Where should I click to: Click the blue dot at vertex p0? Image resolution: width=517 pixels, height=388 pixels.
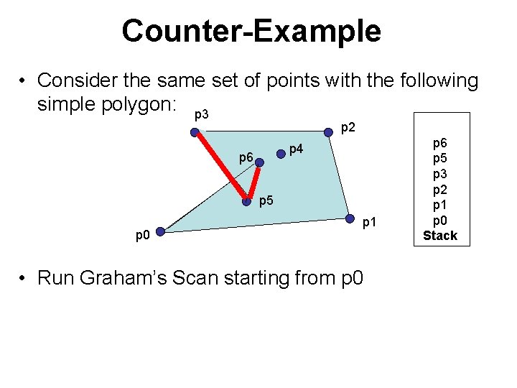[161, 231]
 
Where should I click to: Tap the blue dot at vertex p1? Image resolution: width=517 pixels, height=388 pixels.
[350, 218]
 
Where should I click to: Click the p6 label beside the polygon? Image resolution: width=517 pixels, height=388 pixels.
[246, 157]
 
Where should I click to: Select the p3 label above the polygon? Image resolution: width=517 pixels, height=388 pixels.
[202, 116]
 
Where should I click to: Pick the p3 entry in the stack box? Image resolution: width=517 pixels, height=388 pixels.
[439, 175]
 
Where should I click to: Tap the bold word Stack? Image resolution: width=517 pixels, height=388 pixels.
[439, 235]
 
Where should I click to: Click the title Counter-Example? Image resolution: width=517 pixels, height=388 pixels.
[251, 31]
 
